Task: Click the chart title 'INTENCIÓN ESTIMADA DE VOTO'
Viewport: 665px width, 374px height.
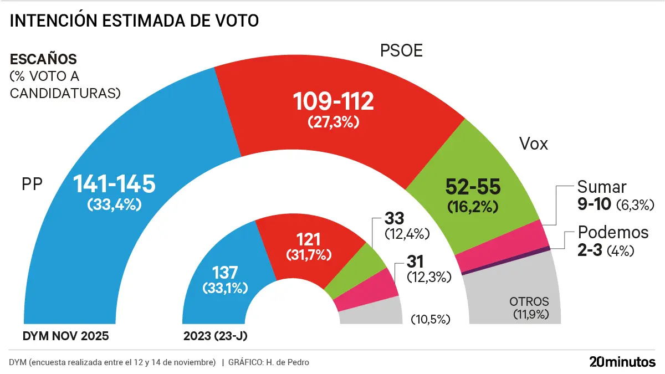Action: pyautogui.click(x=135, y=21)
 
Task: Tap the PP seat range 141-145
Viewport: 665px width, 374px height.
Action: pyautogui.click(x=115, y=183)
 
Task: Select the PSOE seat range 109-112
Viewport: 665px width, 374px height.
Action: pyautogui.click(x=334, y=101)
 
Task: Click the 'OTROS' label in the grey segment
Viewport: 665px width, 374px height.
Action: pyautogui.click(x=529, y=302)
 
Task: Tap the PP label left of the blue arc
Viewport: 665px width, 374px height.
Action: pyautogui.click(x=32, y=184)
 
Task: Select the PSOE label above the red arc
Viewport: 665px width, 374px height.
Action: pyautogui.click(x=401, y=51)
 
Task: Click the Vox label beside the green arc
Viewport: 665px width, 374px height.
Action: pyautogui.click(x=534, y=144)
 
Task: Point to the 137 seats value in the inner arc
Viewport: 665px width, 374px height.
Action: pyautogui.click(x=225, y=273)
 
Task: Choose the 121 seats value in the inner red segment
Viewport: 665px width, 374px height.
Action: pyautogui.click(x=309, y=240)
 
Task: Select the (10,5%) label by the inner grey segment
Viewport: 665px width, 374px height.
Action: pyautogui.click(x=431, y=319)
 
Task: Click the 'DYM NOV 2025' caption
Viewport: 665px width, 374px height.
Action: pyautogui.click(x=66, y=336)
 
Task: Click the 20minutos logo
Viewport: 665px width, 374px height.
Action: pyautogui.click(x=622, y=362)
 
